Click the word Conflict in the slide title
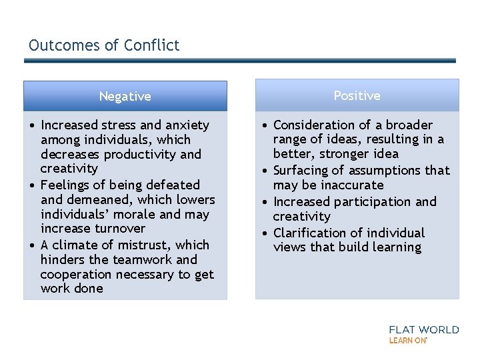tap(155, 45)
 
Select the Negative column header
tap(125, 97)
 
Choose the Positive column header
tap(357, 96)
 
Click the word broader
tap(409, 125)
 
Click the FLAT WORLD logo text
tap(424, 329)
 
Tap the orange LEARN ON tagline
tap(407, 340)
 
